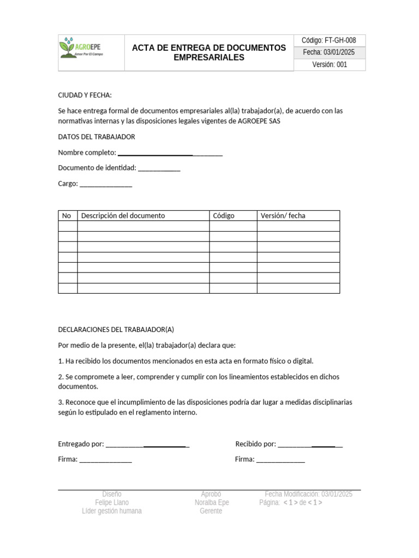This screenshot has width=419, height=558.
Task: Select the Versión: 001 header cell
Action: tap(330, 64)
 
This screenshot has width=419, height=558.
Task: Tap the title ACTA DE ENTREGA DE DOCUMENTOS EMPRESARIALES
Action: tap(209, 52)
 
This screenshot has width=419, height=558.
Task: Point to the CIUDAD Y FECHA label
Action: tap(85, 95)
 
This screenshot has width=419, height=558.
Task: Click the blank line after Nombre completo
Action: tap(170, 154)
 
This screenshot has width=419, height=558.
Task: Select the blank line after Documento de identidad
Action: tap(159, 169)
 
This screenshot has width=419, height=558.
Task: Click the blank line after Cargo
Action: tap(106, 185)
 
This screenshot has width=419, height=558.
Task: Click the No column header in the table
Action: tap(67, 216)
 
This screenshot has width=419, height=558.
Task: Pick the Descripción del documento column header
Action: tap(123, 216)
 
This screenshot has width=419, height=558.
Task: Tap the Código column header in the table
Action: tap(223, 216)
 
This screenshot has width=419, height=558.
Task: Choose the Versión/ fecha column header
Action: tap(283, 216)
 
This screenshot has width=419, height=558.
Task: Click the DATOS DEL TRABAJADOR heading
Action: tap(97, 137)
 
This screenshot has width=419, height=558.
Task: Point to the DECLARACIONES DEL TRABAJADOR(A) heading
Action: tap(116, 330)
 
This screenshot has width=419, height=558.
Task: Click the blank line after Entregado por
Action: tap(147, 445)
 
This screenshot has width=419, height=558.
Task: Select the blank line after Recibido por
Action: tap(310, 445)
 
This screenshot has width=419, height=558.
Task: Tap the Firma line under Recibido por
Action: tap(280, 460)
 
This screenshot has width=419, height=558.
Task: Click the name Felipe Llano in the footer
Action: tap(112, 502)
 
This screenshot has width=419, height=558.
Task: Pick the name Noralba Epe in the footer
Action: tap(212, 502)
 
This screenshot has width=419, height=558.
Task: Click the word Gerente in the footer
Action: tap(211, 511)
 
